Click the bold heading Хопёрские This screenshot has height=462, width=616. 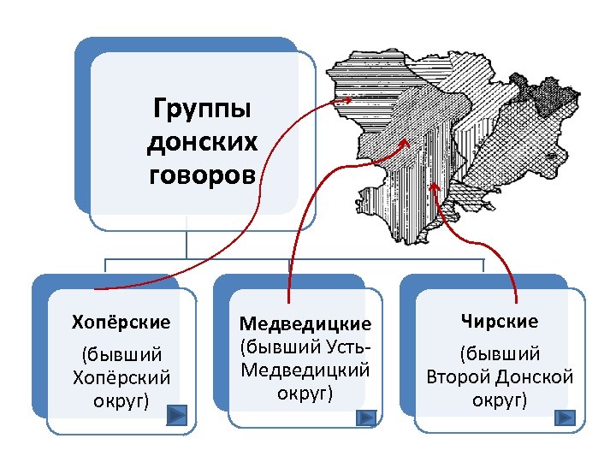(x=121, y=323)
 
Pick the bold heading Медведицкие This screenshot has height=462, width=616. (x=305, y=324)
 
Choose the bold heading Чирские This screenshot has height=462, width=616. (x=500, y=322)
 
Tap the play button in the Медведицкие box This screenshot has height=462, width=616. (x=365, y=417)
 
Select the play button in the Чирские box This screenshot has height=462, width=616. (x=564, y=418)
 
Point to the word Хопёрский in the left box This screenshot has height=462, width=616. (x=121, y=377)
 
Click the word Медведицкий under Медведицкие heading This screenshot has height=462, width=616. (x=305, y=370)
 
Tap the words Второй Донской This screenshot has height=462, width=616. (x=500, y=377)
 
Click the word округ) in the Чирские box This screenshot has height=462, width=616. (x=500, y=400)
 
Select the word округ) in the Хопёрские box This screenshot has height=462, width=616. (x=121, y=400)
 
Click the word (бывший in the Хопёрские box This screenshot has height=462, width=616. (x=121, y=354)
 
